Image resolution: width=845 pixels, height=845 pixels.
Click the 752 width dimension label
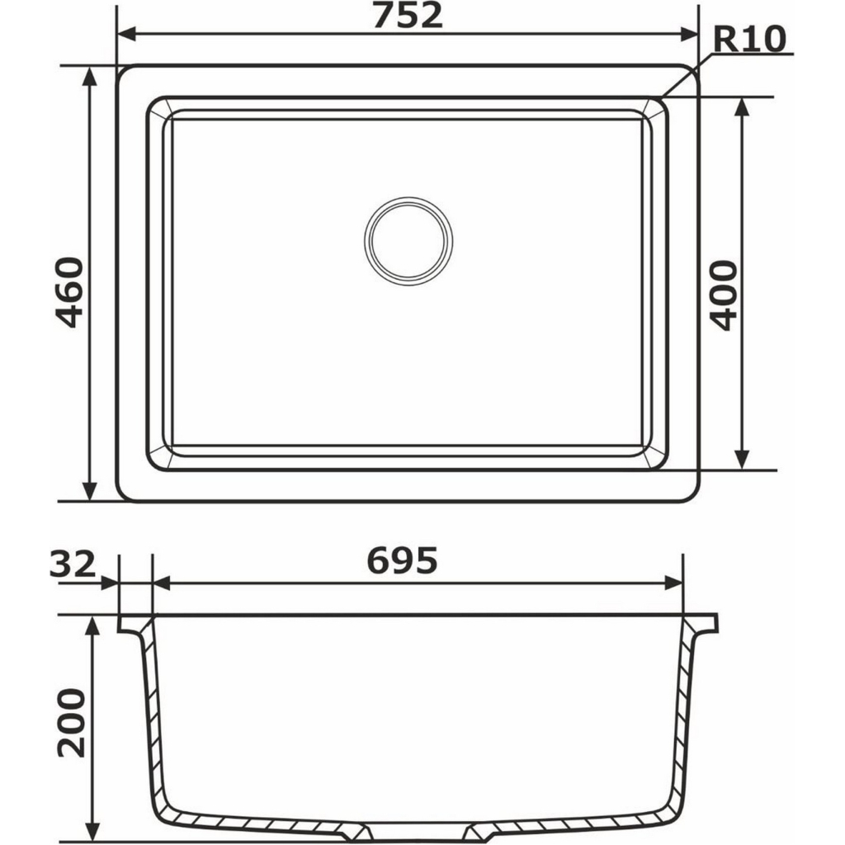pyautogui.click(x=407, y=16)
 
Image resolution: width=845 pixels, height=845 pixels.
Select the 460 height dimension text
pyautogui.click(x=69, y=292)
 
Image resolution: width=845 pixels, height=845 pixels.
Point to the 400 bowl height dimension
pyautogui.click(x=724, y=295)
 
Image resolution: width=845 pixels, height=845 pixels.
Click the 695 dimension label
pyautogui.click(x=402, y=562)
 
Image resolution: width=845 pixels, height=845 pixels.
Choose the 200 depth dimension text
pyautogui.click(x=71, y=722)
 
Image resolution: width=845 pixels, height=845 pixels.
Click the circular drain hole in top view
pyautogui.click(x=408, y=241)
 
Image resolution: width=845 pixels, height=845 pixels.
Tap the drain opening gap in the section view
pyautogui.click(x=413, y=831)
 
